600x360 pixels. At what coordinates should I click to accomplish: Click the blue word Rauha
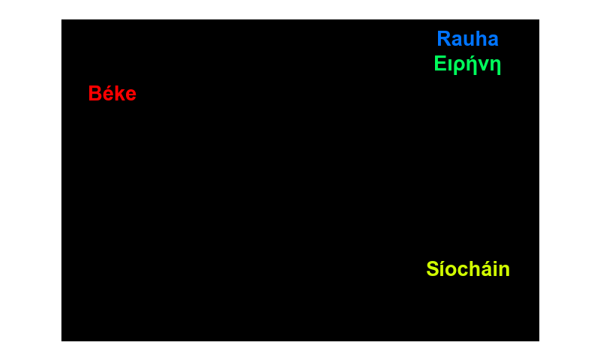pos(467,39)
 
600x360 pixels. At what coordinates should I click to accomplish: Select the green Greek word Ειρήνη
pos(467,64)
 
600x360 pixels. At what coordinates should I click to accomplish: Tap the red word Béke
pos(112,93)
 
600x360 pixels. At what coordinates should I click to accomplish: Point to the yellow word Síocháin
pos(468,268)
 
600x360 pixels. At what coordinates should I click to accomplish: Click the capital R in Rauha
pos(444,39)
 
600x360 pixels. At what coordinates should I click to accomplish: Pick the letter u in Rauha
pos(470,40)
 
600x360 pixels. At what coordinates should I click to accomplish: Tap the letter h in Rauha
pos(482,39)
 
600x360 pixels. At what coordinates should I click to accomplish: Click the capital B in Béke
pos(95,93)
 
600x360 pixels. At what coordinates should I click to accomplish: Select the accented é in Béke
pos(109,93)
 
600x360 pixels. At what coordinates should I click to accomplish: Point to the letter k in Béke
pos(120,93)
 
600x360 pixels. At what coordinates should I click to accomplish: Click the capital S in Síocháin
pos(433,269)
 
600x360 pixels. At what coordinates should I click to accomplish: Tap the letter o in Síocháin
pos(451,271)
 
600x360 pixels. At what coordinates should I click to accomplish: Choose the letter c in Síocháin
pos(464,271)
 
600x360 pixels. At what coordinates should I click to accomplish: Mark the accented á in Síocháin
pos(489,269)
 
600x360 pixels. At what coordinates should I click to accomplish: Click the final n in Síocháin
pos(505,271)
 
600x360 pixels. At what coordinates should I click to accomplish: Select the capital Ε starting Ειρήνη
pos(440,63)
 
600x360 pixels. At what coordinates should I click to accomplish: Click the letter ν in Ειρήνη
pos(484,65)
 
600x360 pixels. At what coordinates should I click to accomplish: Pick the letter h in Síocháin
pos(476,269)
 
